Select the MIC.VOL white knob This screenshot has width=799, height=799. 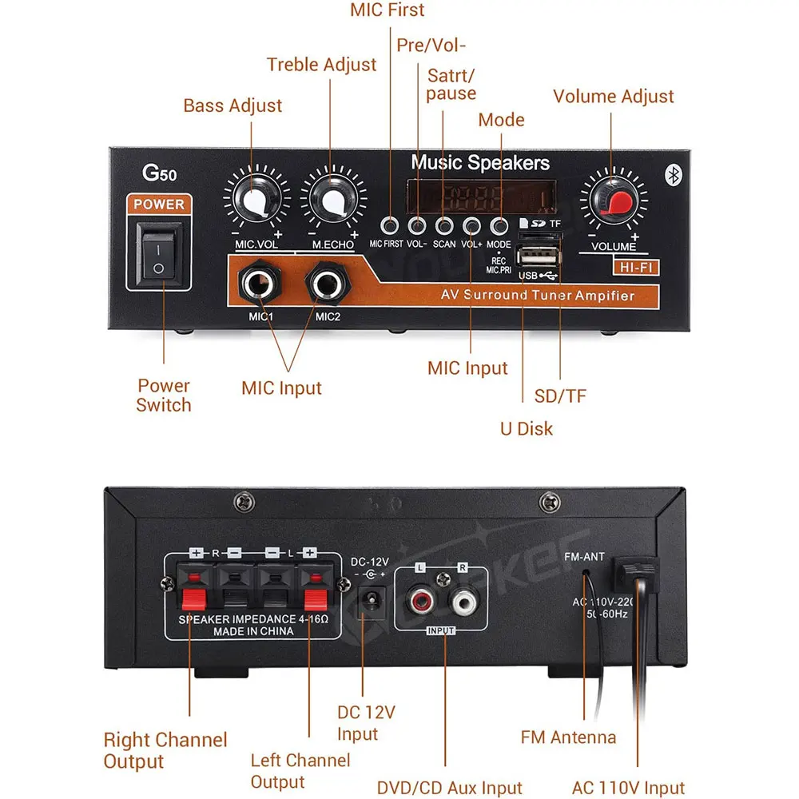pos(256,201)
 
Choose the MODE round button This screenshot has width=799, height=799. pos(499,225)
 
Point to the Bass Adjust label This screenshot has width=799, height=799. pos(233,105)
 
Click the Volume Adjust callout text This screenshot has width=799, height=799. pos(614,97)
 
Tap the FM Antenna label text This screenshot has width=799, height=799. pos(568,737)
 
